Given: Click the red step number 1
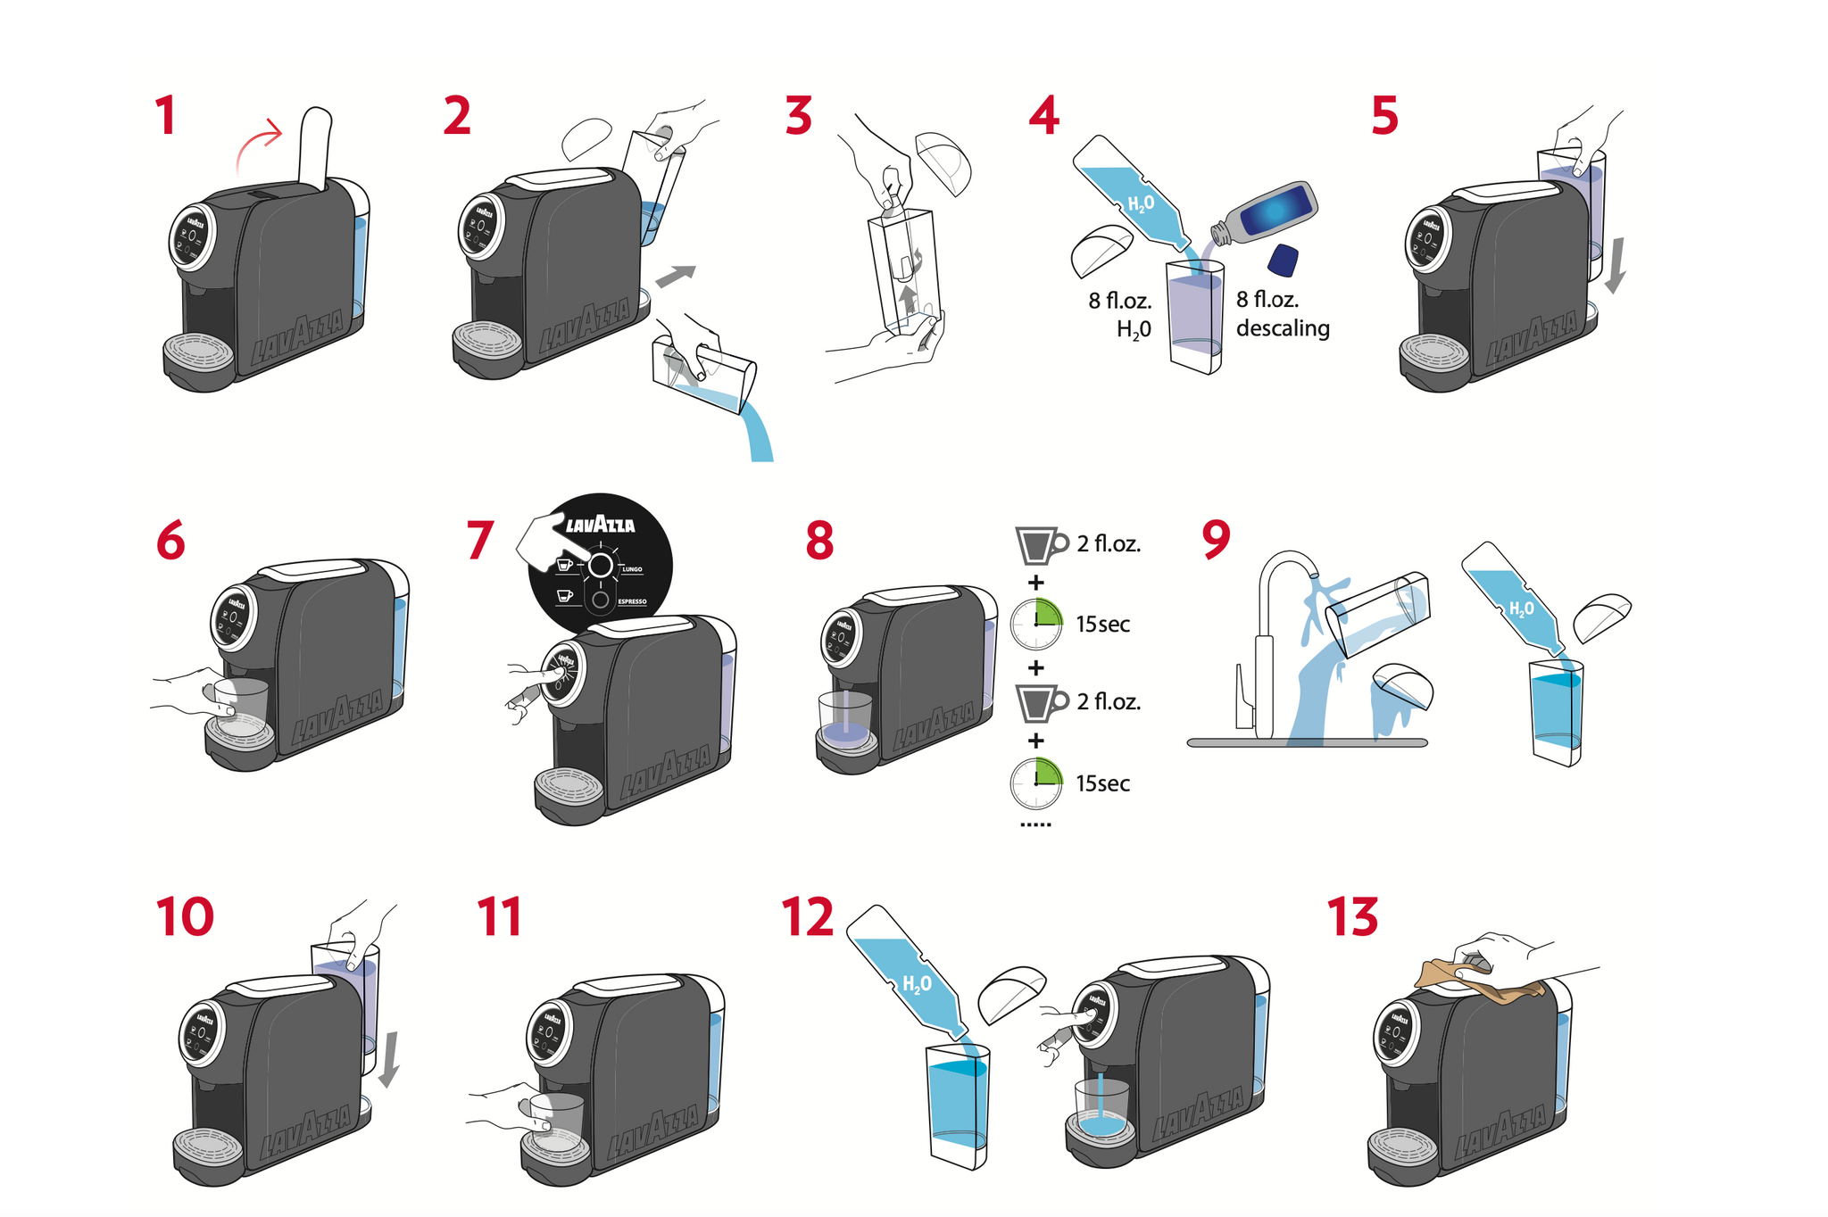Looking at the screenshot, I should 165,117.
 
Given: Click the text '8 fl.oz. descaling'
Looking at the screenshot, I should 1282,314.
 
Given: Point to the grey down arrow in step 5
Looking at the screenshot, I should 1615,266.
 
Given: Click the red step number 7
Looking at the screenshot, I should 480,541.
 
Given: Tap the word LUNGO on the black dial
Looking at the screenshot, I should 632,569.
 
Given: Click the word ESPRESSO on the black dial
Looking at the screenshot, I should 632,602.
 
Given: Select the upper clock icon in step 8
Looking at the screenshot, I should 1036,624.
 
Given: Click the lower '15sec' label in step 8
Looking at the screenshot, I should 1102,783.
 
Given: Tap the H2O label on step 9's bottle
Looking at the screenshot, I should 1521,608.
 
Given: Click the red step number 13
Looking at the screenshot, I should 1352,917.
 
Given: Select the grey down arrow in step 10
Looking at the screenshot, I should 388,1060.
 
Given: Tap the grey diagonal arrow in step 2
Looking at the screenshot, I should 675,277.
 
